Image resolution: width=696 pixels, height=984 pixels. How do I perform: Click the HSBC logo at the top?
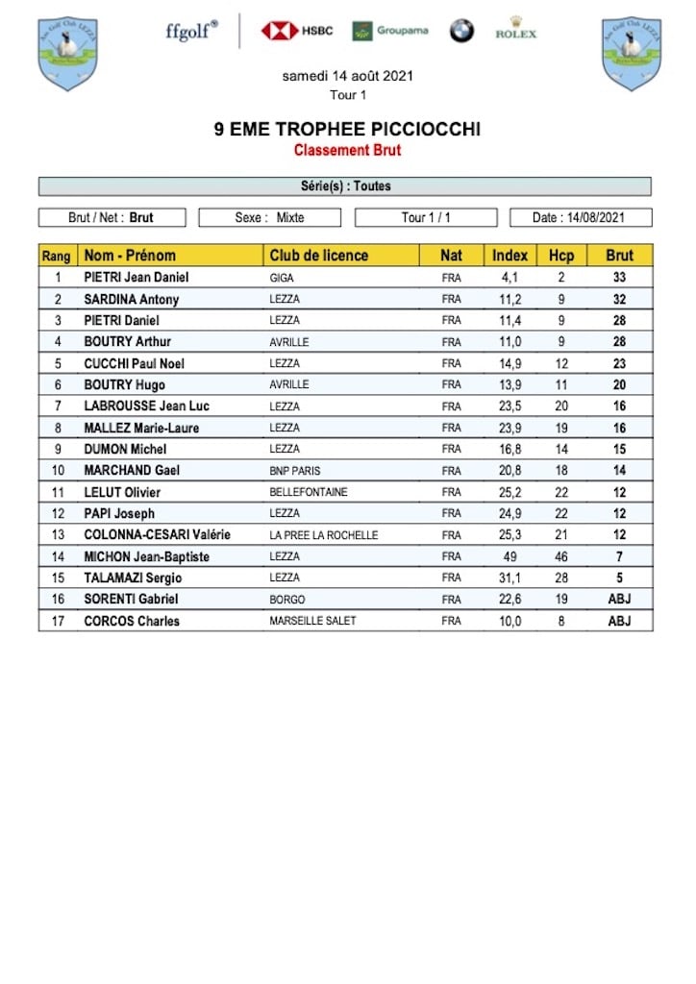pyautogui.click(x=297, y=31)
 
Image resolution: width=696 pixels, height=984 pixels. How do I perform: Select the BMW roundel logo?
pyautogui.click(x=461, y=31)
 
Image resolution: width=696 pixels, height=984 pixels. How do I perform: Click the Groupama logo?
pyautogui.click(x=390, y=31)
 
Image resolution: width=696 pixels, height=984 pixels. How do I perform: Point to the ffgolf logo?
pyautogui.click(x=191, y=30)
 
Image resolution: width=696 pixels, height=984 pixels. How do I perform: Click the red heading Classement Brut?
pyautogui.click(x=347, y=150)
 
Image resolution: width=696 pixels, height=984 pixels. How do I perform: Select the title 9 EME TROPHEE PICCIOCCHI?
pyautogui.click(x=347, y=130)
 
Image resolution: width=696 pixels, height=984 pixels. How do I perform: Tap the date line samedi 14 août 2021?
pyautogui.click(x=347, y=76)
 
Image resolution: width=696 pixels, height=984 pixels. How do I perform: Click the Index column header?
pyautogui.click(x=510, y=256)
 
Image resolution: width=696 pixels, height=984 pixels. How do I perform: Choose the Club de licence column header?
pyautogui.click(x=318, y=256)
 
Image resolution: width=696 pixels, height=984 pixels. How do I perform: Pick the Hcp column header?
pyautogui.click(x=560, y=256)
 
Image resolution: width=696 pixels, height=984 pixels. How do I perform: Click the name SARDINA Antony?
pyautogui.click(x=132, y=299)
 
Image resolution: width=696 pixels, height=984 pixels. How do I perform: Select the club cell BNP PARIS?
pyautogui.click(x=295, y=471)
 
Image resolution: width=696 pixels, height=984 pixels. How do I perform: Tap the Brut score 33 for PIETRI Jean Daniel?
pyautogui.click(x=620, y=278)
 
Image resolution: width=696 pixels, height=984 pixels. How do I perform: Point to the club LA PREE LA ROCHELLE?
pyautogui.click(x=324, y=535)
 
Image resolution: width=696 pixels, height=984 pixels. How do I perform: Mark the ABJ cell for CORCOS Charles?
pyautogui.click(x=620, y=621)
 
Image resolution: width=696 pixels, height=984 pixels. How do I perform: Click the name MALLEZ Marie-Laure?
pyautogui.click(x=141, y=428)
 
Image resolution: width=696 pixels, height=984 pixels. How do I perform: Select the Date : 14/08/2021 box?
pyautogui.click(x=581, y=218)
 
